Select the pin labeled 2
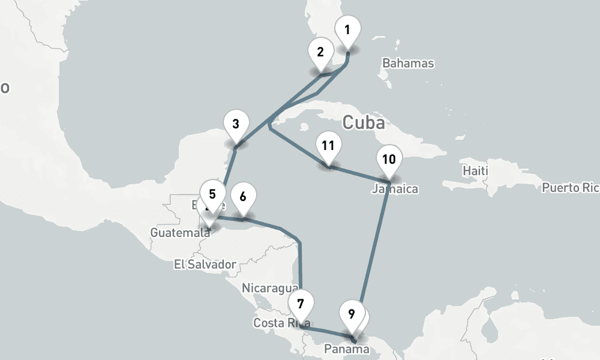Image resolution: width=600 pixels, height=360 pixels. pyautogui.click(x=321, y=52)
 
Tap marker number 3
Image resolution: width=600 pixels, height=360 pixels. pyautogui.click(x=236, y=125)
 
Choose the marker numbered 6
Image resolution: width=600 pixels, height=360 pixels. pyautogui.click(x=243, y=197)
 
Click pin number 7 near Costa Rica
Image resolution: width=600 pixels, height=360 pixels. pyautogui.click(x=301, y=304)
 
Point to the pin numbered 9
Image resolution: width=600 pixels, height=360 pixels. pyautogui.click(x=351, y=314)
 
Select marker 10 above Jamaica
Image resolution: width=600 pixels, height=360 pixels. pyautogui.click(x=389, y=160)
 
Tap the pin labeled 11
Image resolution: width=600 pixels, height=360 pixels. pyautogui.click(x=328, y=146)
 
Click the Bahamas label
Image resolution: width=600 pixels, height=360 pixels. pyautogui.click(x=408, y=63)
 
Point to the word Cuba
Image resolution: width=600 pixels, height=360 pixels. pyautogui.click(x=364, y=123)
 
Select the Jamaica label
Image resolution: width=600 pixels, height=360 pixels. pyautogui.click(x=395, y=189)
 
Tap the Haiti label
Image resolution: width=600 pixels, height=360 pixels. pyautogui.click(x=476, y=171)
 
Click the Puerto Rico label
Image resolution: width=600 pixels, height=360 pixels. pyautogui.click(x=570, y=188)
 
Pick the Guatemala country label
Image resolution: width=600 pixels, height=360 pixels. pyautogui.click(x=176, y=232)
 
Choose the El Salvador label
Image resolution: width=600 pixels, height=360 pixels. pyautogui.click(x=205, y=264)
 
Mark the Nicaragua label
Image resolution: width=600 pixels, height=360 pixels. pyautogui.click(x=269, y=288)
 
